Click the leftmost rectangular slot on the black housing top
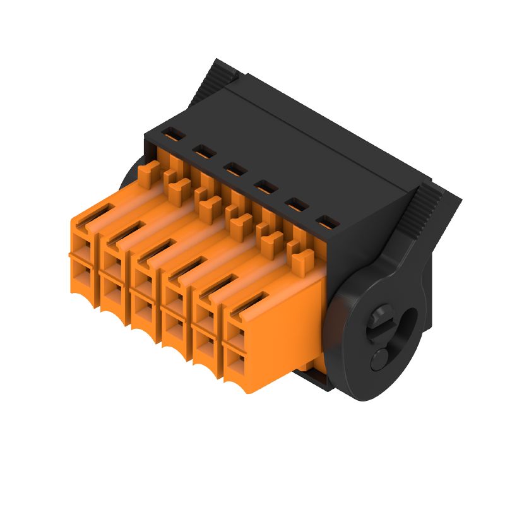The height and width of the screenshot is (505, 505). point(172,134)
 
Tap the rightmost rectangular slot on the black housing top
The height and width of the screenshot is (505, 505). point(326,222)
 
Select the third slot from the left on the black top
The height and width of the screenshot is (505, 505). point(234,169)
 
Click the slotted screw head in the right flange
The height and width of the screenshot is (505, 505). point(383,320)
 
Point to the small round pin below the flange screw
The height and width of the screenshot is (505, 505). point(381,358)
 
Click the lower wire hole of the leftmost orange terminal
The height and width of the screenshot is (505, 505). point(83,273)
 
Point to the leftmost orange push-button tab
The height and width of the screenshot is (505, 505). point(150,170)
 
